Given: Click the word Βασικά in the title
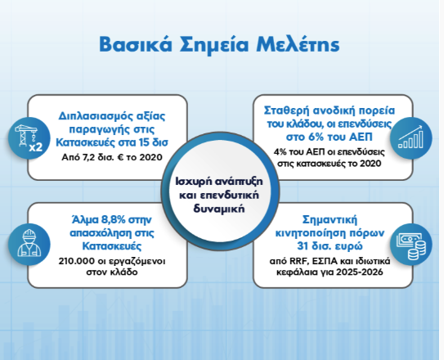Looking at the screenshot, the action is (136, 44).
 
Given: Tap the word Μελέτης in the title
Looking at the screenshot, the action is (298, 44).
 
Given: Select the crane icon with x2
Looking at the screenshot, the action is (29, 138).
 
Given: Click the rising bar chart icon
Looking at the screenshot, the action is (410, 138).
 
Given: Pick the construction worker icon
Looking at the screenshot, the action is (29, 244).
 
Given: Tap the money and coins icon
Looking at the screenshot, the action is (410, 244).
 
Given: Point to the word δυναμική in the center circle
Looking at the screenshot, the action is (219, 209).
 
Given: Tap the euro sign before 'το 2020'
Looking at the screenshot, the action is (119, 157).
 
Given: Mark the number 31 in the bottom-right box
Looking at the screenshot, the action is (303, 245).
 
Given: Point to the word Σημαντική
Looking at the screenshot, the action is (330, 220).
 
